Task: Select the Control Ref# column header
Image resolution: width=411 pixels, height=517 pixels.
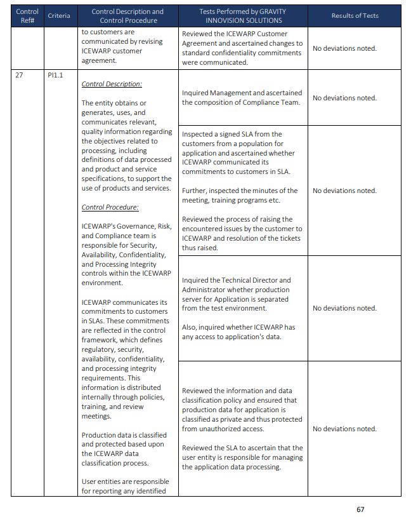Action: pos(27,16)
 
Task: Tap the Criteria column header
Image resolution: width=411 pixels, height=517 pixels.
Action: pos(59,16)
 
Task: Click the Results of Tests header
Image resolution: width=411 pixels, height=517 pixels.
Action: pos(355,16)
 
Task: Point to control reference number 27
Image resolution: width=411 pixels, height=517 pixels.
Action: pos(19,75)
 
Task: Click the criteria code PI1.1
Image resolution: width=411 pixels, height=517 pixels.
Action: pos(55,75)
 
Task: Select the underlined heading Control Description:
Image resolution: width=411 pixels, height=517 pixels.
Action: pos(112,84)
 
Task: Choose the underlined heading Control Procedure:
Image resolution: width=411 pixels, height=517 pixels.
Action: pos(110,207)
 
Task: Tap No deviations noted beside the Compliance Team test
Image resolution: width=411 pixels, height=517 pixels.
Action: pos(344,98)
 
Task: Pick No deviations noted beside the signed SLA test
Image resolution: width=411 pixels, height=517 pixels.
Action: pos(344,191)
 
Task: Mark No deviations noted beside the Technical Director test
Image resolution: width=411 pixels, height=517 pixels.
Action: pos(344,308)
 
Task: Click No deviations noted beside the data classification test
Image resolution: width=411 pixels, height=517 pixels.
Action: pos(344,429)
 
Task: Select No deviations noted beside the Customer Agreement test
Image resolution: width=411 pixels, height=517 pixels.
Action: pos(344,48)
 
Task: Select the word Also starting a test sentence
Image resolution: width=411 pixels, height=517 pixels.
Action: pos(190,327)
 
